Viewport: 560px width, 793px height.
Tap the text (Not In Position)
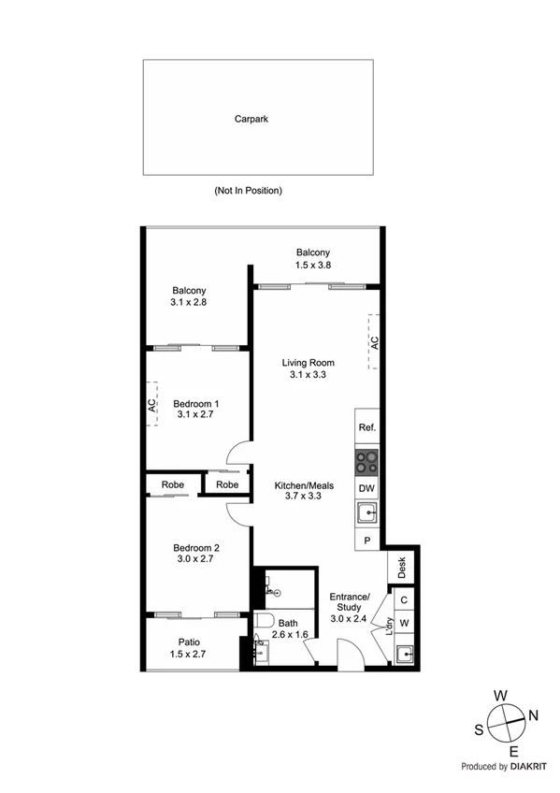248,191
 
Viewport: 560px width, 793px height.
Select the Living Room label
308,368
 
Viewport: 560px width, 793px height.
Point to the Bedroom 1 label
196,410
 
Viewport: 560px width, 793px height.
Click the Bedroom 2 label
196,554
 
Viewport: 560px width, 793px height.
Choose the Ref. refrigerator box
366,427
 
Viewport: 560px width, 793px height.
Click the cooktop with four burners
366,462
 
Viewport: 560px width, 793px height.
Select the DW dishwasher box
366,488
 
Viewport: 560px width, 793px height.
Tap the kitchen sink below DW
366,513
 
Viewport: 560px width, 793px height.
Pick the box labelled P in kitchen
366,541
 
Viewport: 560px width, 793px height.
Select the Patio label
189,647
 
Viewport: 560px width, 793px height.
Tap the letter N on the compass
534,715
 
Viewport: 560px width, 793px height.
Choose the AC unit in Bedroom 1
151,405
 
